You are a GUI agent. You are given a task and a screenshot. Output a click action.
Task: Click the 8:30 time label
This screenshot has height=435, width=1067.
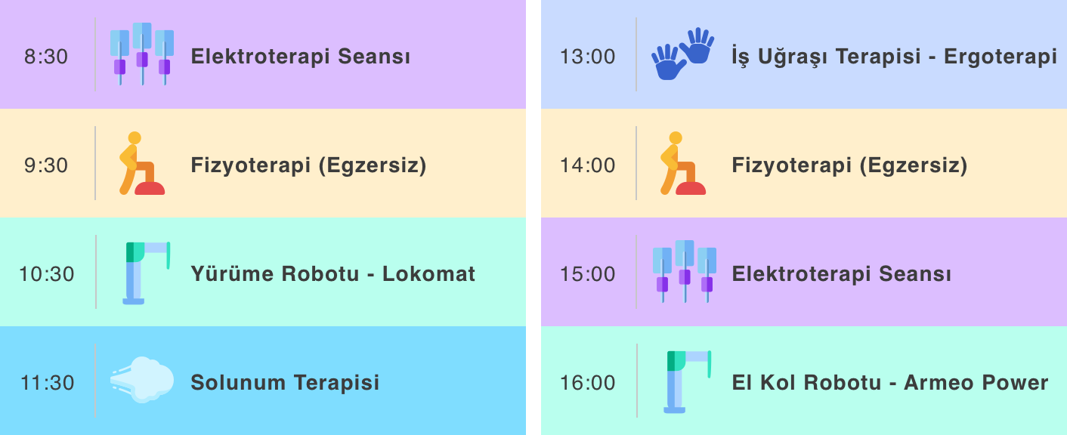[x=46, y=57]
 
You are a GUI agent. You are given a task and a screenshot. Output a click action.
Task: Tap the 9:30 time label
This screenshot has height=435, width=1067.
[x=46, y=165]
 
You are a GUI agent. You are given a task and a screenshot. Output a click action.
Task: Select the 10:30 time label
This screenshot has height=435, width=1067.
[x=47, y=274]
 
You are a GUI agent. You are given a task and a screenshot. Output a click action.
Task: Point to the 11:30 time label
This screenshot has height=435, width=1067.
[x=47, y=383]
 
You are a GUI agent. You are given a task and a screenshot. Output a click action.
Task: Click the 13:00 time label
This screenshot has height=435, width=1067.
[x=587, y=57]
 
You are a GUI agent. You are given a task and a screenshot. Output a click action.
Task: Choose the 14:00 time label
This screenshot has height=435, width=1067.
[x=587, y=165]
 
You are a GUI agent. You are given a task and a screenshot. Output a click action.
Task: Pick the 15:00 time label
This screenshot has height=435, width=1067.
[x=587, y=274]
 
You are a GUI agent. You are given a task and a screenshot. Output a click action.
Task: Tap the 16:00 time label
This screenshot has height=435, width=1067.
[x=587, y=383]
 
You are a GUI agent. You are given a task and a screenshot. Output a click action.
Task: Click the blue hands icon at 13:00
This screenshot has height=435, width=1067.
[x=683, y=54]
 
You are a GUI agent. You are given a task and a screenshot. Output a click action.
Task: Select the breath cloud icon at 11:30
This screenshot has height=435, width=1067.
[x=142, y=380]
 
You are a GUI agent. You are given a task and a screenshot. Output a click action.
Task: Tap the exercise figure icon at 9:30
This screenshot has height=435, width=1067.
[x=141, y=163]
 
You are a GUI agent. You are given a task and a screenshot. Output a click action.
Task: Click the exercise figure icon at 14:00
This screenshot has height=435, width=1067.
[x=682, y=163]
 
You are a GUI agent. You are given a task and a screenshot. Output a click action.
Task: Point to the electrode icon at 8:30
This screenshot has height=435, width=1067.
[x=142, y=54]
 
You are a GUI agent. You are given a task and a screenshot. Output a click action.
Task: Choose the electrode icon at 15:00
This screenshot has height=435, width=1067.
[x=685, y=272]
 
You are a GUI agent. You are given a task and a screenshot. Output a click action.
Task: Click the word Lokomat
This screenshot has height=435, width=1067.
[x=428, y=274]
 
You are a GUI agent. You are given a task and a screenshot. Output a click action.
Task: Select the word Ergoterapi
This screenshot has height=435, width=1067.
[x=1001, y=57]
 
